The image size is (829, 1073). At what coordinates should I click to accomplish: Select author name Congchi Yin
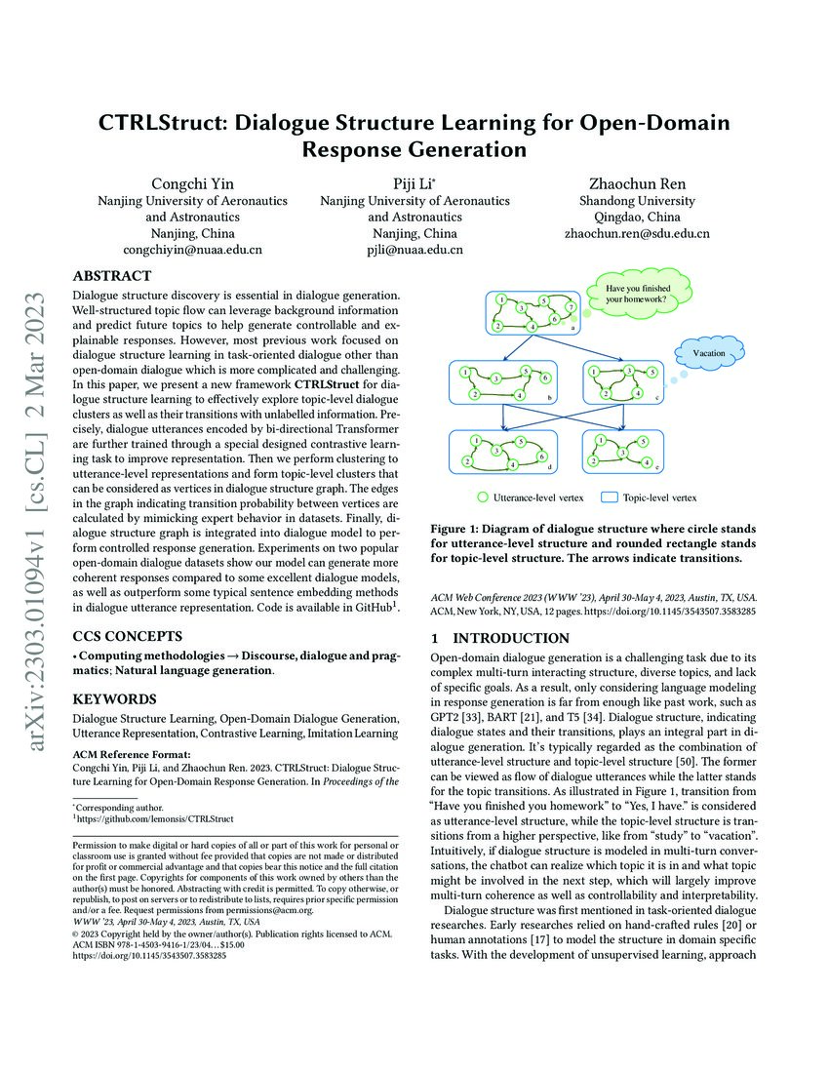[192, 183]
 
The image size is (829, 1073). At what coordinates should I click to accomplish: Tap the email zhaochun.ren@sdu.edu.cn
[637, 234]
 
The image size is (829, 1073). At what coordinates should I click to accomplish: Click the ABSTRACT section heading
[112, 276]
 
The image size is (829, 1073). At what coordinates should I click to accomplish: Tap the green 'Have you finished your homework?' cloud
[636, 294]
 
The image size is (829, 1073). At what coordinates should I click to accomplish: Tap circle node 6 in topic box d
[542, 457]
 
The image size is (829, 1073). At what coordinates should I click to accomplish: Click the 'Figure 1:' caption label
[458, 529]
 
